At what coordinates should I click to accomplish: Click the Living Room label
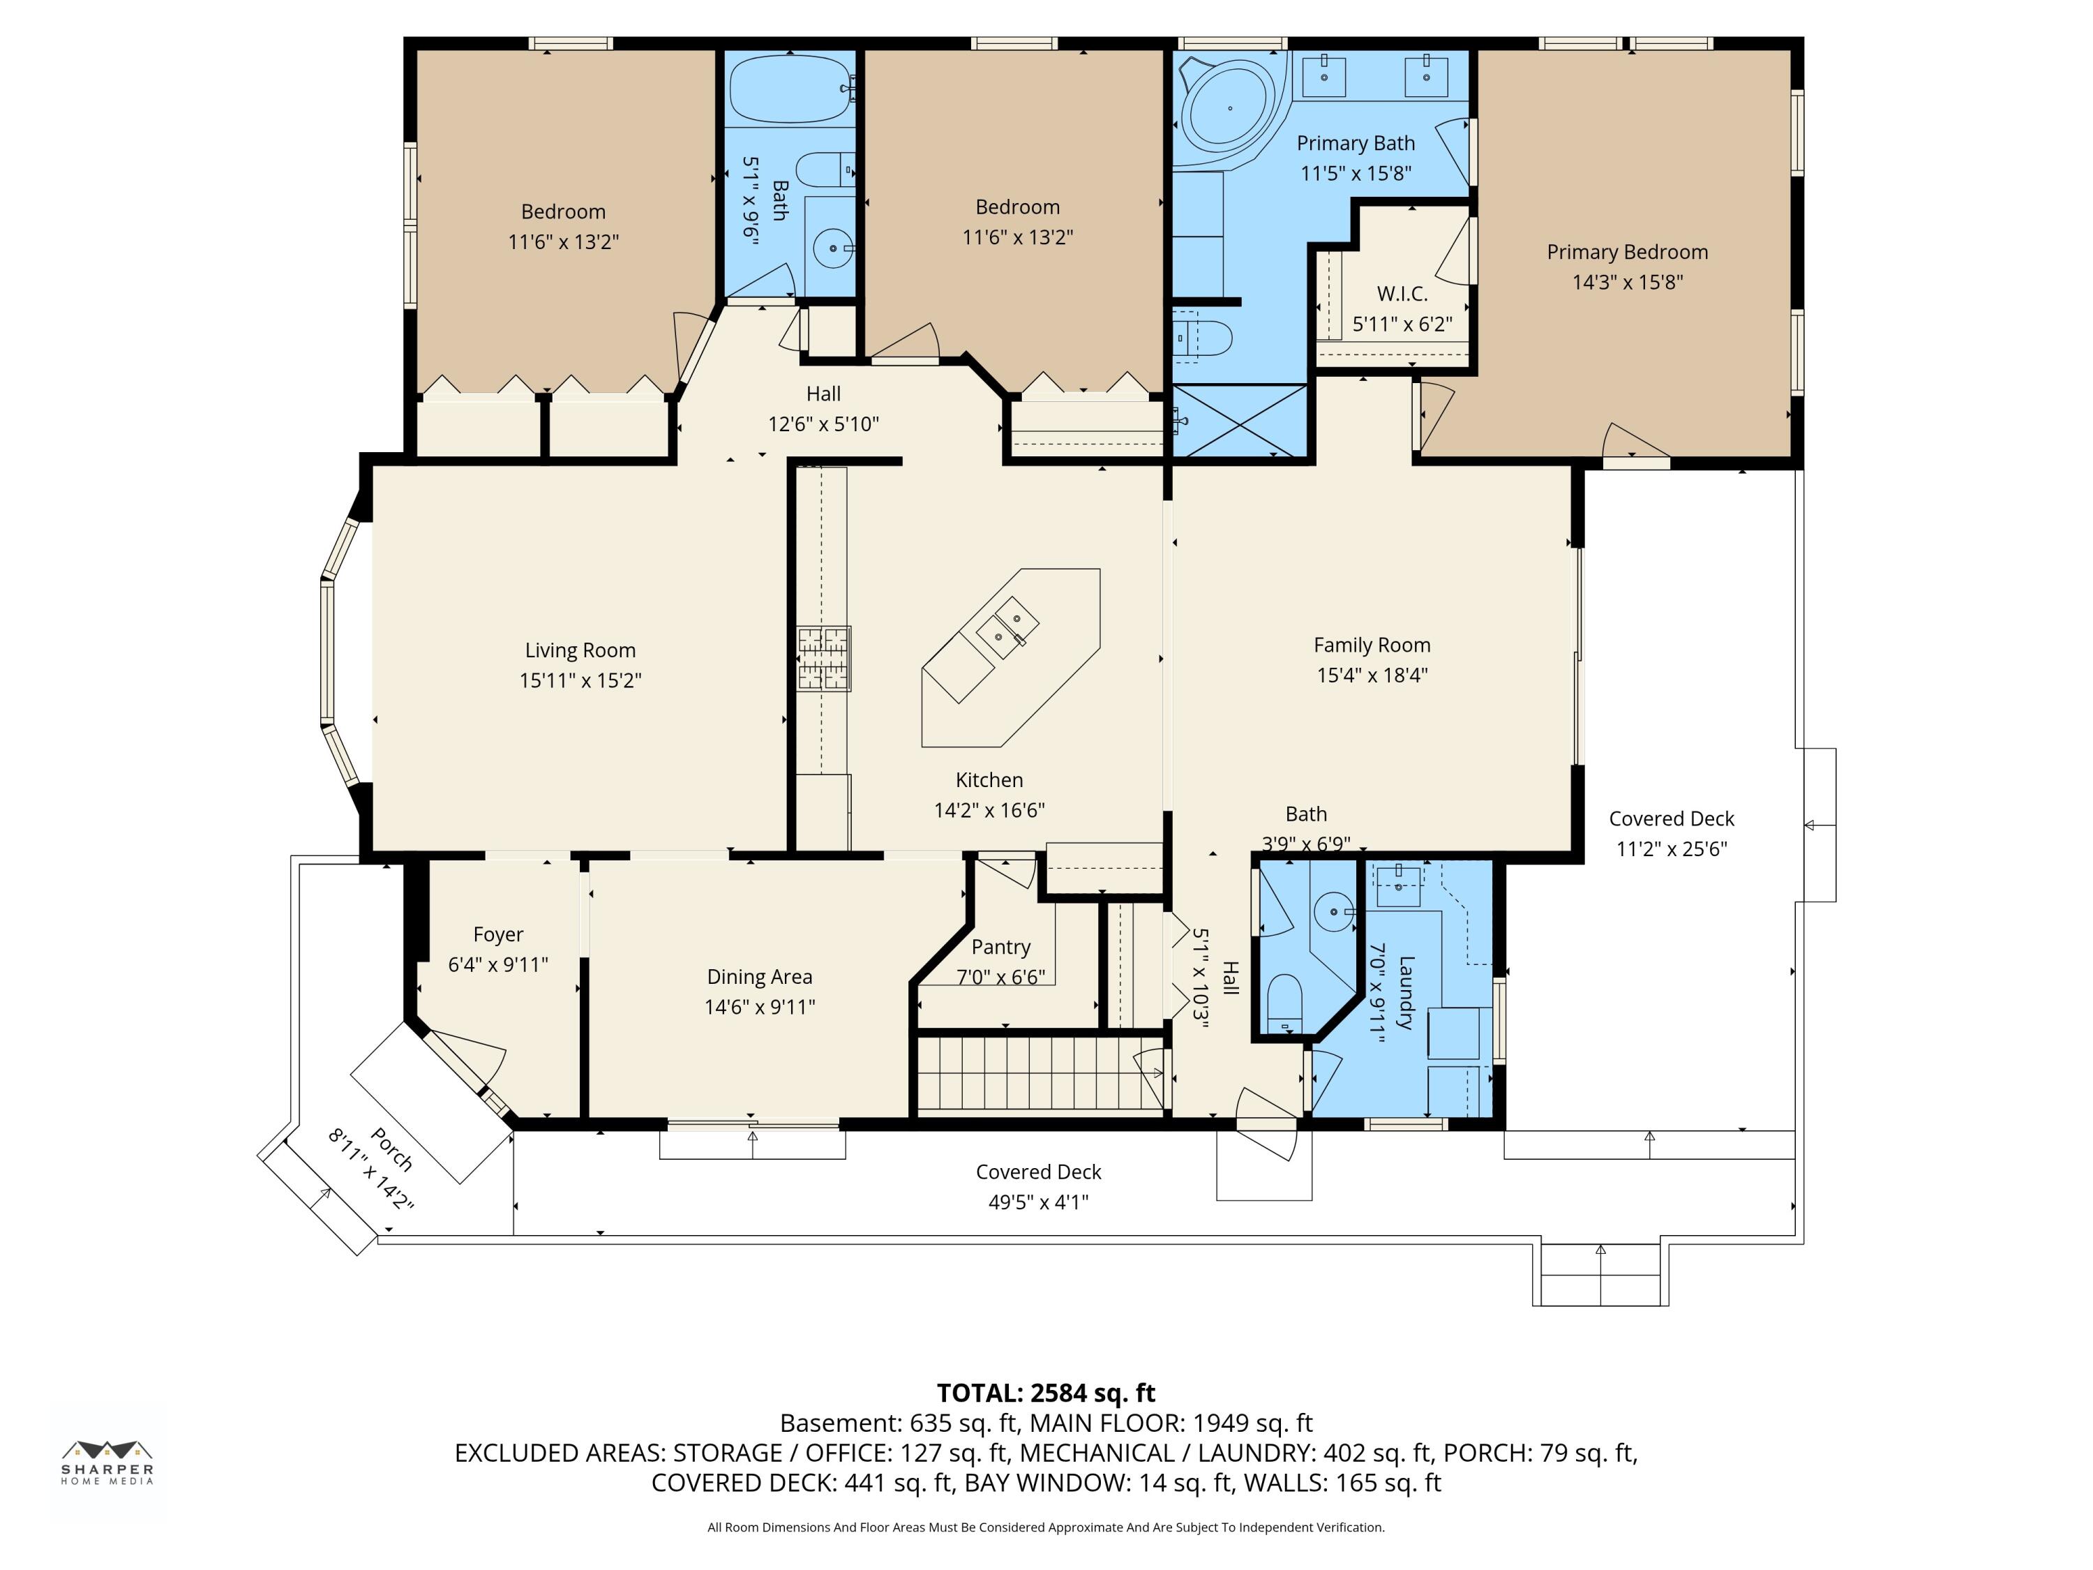click(x=580, y=650)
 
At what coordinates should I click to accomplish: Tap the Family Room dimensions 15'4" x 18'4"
click(x=1372, y=675)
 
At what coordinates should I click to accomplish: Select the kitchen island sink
click(x=1007, y=627)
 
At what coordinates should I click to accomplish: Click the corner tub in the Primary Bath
click(x=1229, y=109)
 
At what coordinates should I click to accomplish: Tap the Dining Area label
click(x=759, y=977)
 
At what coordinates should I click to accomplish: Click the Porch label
click(x=391, y=1149)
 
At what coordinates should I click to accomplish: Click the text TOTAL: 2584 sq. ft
click(x=1046, y=1393)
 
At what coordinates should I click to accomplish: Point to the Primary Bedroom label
click(x=1628, y=252)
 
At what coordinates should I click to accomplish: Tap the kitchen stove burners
click(x=823, y=659)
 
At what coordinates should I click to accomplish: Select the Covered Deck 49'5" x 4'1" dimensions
click(x=1039, y=1202)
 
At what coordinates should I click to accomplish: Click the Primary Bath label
click(x=1356, y=143)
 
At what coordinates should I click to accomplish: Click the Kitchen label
click(x=989, y=780)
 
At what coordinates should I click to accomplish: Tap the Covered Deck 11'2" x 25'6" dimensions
click(x=1671, y=849)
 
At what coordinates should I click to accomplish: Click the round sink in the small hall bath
click(x=1334, y=912)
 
